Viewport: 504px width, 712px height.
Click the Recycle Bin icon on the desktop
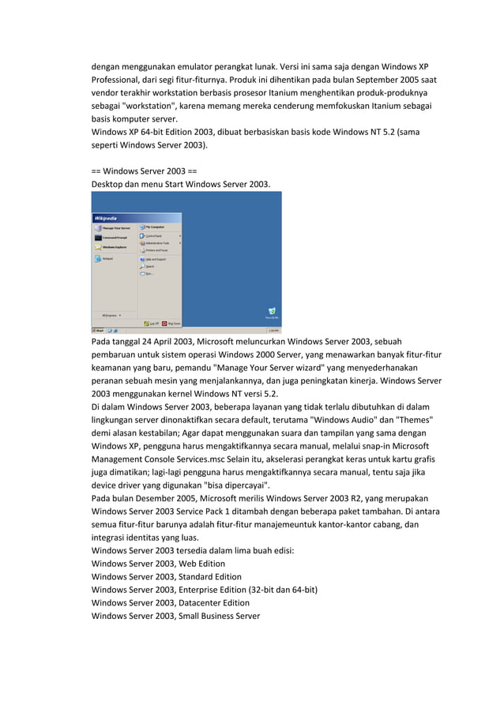pos(272,311)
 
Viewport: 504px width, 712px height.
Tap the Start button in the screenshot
pos(99,331)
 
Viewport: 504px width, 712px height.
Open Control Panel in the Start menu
pos(152,236)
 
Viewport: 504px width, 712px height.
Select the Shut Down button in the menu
pos(171,323)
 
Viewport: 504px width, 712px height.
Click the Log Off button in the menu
pos(152,323)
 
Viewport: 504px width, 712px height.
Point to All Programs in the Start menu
pos(111,314)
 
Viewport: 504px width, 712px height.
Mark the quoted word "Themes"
pos(412,418)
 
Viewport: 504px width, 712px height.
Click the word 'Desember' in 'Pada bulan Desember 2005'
pos(163,498)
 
